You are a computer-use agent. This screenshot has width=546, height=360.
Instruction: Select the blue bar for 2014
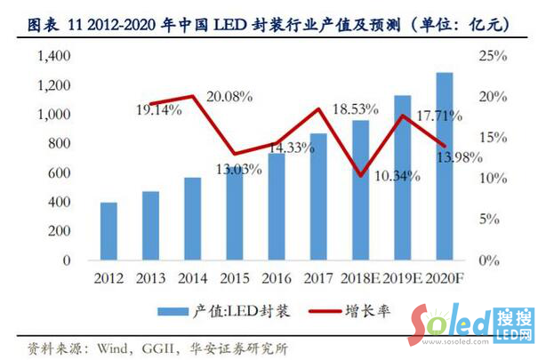point(193,219)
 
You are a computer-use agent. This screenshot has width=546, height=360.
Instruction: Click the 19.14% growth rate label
point(160,111)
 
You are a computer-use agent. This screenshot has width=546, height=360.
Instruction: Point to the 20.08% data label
point(229,95)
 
